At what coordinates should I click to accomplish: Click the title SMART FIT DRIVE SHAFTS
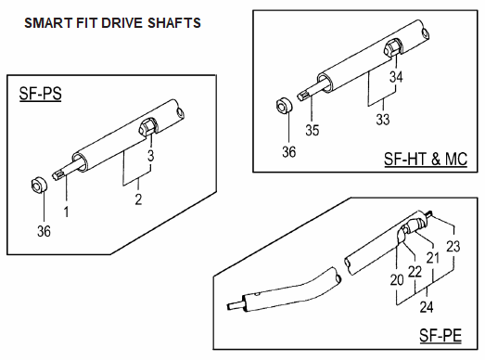[112, 23]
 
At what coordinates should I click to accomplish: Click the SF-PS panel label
[40, 94]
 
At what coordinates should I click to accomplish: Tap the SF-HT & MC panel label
[426, 159]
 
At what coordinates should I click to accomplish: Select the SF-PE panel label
[440, 335]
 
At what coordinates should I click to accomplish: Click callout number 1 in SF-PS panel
[66, 212]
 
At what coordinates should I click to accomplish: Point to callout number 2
[138, 199]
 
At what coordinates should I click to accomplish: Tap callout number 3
[150, 156]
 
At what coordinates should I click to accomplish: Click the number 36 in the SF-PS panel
[44, 232]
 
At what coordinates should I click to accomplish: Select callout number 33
[383, 120]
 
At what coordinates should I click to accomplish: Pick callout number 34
[396, 76]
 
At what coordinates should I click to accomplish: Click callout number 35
[313, 130]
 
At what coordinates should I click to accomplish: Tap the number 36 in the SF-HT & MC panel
[289, 152]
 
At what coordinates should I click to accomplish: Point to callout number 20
[397, 280]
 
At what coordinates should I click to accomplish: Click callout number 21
[433, 258]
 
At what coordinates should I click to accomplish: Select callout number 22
[415, 272]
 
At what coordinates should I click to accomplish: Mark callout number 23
[453, 247]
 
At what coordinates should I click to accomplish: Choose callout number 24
[427, 307]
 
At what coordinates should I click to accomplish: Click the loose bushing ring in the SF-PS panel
[39, 186]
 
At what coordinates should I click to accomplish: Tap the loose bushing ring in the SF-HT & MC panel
[285, 106]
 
